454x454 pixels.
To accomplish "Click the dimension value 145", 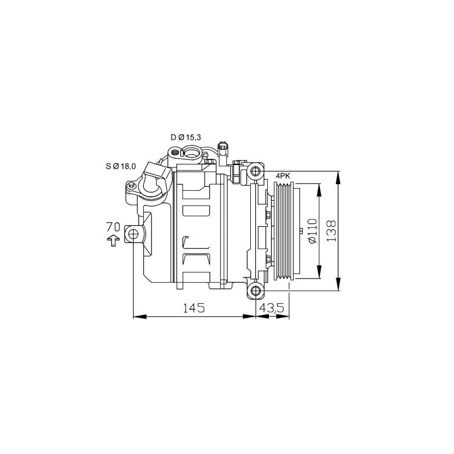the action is click(194, 308).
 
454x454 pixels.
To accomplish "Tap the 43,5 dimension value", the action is click(272, 308).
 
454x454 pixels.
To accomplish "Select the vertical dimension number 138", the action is click(330, 231).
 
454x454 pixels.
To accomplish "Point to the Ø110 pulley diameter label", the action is click(313, 231).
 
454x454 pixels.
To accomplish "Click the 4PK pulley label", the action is click(283, 176).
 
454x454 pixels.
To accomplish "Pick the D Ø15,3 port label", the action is click(186, 137).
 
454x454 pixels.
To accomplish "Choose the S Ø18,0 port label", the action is click(121, 166).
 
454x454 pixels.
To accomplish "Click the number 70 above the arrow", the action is click(113, 226).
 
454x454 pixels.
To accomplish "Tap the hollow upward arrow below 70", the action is click(113, 240).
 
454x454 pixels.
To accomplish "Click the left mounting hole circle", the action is click(133, 234).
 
